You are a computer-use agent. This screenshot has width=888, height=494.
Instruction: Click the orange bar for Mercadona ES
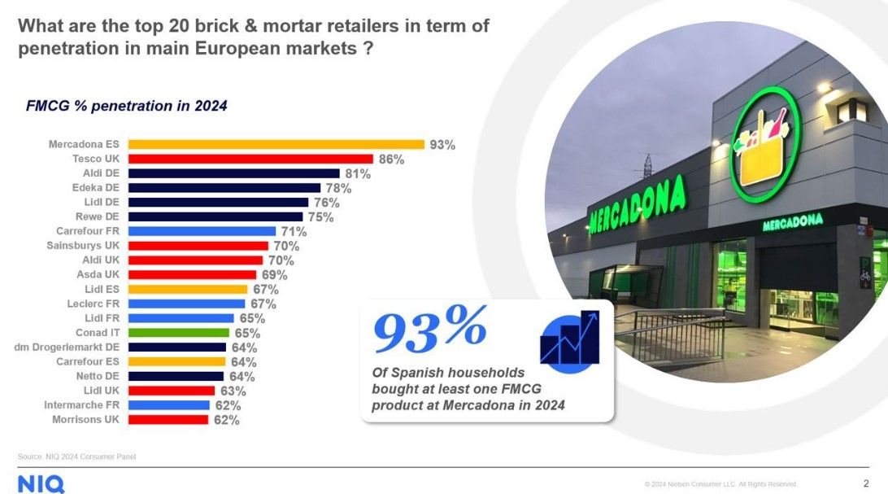(276, 144)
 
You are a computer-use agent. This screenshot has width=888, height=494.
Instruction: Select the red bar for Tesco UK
(250, 159)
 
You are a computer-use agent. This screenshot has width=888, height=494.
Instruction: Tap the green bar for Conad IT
(179, 333)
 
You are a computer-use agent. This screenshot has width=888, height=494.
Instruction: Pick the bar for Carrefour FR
(202, 231)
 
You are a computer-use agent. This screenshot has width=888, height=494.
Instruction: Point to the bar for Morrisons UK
(168, 420)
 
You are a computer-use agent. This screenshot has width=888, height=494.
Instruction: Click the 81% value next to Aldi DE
(358, 173)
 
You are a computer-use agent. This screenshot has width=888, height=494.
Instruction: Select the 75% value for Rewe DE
(320, 216)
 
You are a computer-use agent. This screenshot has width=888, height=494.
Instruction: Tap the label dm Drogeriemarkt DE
(68, 348)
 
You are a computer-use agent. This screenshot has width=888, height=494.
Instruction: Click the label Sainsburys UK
(84, 246)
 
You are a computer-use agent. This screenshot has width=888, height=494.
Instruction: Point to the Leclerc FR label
(94, 304)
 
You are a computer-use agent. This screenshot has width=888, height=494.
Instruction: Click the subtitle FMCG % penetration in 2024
(127, 106)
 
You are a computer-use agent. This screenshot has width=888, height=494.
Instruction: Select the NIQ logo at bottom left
(41, 483)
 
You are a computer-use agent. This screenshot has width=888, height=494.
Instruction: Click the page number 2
(865, 483)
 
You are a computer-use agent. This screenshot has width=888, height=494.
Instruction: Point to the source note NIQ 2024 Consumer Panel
(77, 457)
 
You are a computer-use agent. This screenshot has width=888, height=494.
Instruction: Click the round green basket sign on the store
(766, 144)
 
